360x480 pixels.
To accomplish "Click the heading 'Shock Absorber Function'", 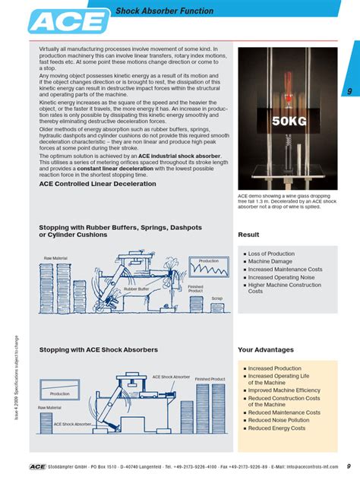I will click(x=164, y=11).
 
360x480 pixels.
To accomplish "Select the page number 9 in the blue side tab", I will click(x=349, y=92).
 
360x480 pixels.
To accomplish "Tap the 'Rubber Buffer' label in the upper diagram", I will click(x=136, y=289).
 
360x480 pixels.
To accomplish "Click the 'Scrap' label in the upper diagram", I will click(x=216, y=298).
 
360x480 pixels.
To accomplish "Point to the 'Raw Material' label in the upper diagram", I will click(x=55, y=258).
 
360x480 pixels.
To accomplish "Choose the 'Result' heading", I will click(x=248, y=235).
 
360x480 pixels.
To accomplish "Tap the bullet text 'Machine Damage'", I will click(x=270, y=261).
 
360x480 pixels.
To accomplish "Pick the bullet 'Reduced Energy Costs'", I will click(x=276, y=428).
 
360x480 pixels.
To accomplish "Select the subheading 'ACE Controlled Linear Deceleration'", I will click(x=98, y=184).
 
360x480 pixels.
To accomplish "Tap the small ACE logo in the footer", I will click(x=38, y=466).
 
